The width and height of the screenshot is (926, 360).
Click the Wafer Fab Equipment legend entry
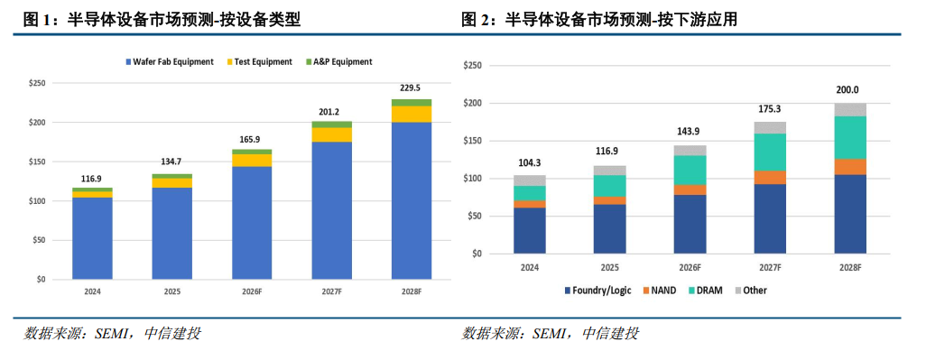(170, 61)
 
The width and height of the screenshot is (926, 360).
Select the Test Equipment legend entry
(259, 61)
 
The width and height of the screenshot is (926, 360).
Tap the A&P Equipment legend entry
(338, 61)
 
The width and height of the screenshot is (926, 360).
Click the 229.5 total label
(411, 88)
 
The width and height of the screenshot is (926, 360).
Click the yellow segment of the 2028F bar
(412, 115)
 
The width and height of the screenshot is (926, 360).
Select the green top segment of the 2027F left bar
(332, 125)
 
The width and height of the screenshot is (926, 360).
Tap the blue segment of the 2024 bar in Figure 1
(92, 238)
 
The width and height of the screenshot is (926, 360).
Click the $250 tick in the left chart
(38, 83)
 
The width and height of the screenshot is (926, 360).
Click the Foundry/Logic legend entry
(597, 291)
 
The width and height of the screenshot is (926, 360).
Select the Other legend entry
(751, 291)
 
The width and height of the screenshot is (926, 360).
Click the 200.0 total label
(850, 90)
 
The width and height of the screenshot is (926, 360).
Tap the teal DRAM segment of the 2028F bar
(850, 137)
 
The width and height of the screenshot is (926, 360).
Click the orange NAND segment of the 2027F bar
(770, 178)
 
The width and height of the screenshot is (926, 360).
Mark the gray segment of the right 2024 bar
(530, 180)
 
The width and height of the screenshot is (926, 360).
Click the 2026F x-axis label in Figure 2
(690, 268)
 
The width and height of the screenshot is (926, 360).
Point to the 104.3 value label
(530, 162)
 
